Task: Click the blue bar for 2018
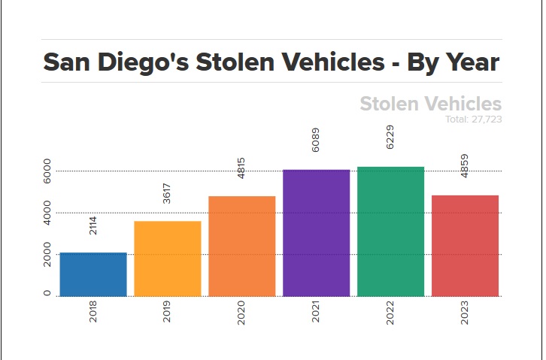(x=93, y=274)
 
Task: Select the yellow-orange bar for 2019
(x=168, y=259)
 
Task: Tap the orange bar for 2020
(x=242, y=246)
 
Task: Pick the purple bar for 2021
(x=317, y=233)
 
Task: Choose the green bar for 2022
(x=390, y=231)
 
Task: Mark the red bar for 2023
(x=465, y=246)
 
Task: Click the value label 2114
(x=93, y=225)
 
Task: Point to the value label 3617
(x=168, y=193)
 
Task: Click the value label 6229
(x=390, y=137)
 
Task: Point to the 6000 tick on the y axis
(x=47, y=171)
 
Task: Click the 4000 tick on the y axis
(x=47, y=213)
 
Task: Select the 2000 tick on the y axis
(x=47, y=255)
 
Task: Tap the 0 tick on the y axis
(x=47, y=294)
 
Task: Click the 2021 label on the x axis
(x=317, y=313)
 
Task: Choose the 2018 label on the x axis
(x=93, y=313)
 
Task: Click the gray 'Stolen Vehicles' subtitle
(x=430, y=104)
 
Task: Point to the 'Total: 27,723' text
(x=473, y=119)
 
